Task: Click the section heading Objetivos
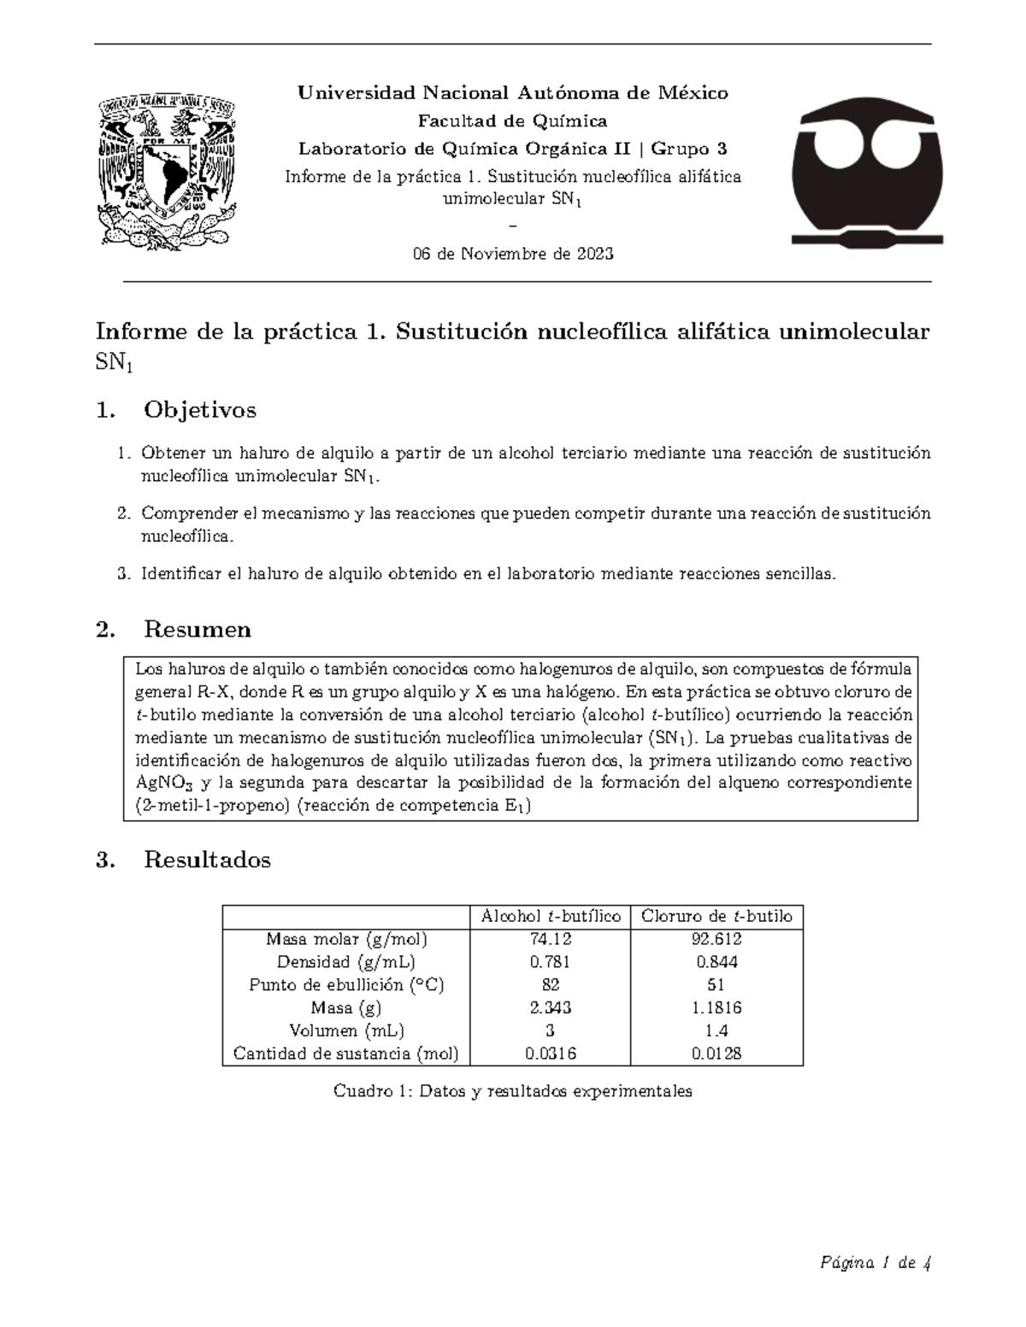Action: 199,410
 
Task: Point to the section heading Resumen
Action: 198,630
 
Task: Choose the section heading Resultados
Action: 207,860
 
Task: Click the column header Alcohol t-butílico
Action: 551,916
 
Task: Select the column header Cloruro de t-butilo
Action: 716,916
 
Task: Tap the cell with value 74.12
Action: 551,939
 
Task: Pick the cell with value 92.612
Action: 716,939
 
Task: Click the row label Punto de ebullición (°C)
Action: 346,984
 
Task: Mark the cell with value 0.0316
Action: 551,1054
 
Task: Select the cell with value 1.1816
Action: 716,1007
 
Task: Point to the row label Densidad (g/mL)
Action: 346,961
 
